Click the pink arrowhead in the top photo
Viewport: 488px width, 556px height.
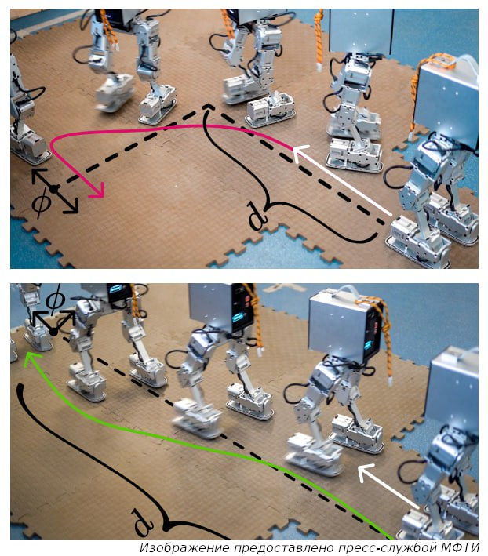[98, 191]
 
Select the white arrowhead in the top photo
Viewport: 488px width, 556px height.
[300, 152]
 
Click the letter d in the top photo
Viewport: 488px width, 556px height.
[257, 215]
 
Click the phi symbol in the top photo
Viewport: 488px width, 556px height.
[41, 202]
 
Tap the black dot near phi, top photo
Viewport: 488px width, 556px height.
[54, 189]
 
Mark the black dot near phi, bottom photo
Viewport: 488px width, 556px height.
[53, 332]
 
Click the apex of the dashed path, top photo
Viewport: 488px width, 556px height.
[209, 105]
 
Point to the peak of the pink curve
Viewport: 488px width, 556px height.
[198, 126]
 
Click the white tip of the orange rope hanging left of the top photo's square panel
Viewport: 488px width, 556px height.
[320, 67]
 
